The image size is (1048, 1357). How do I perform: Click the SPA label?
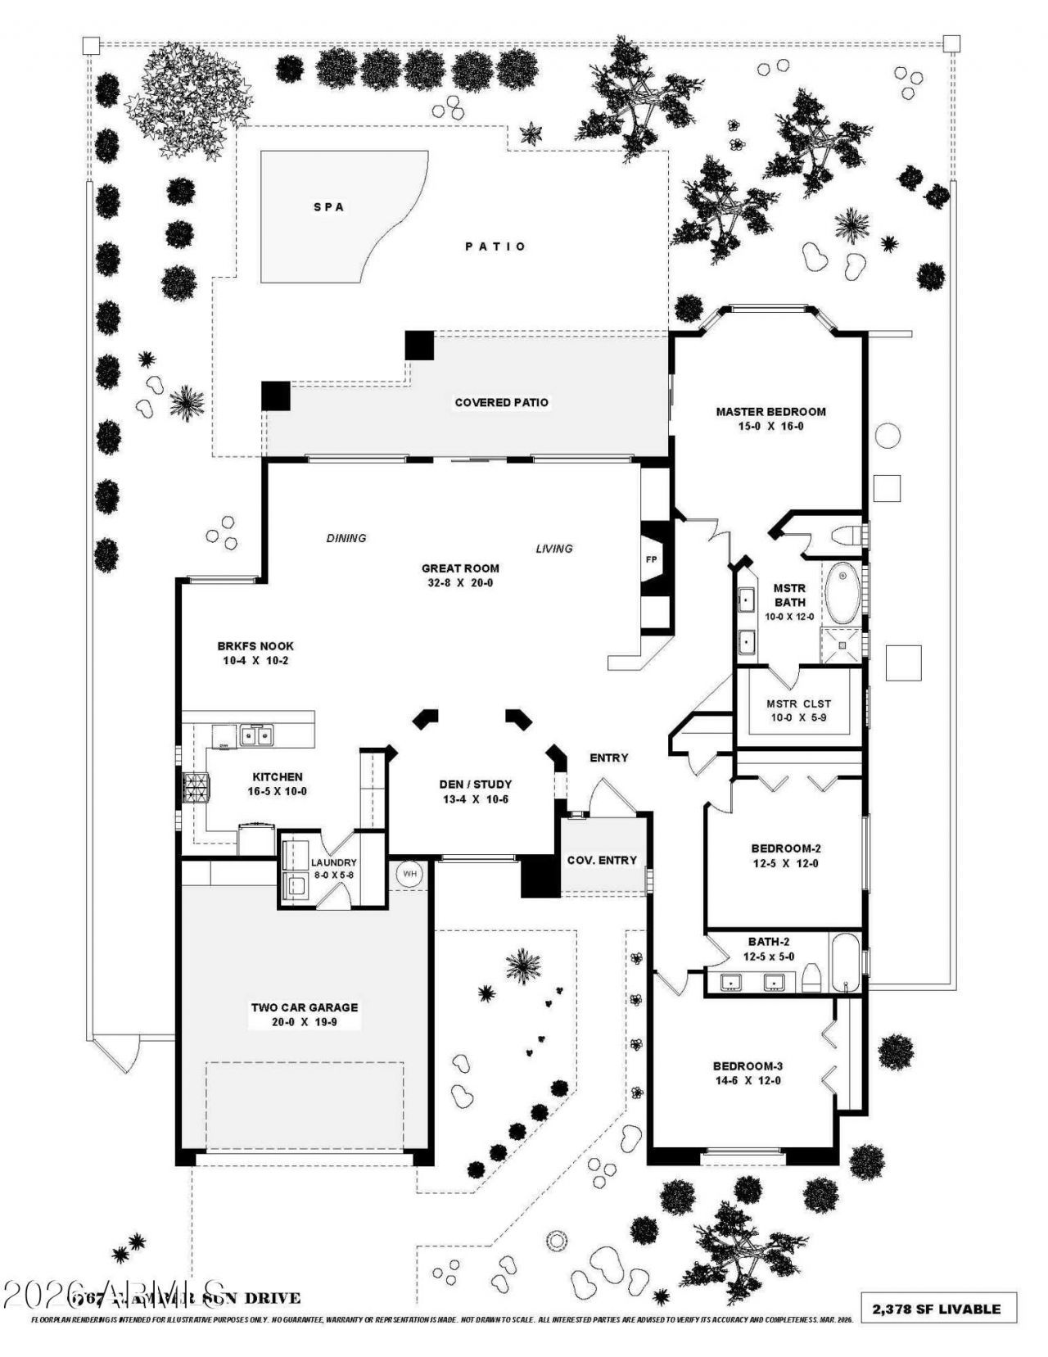click(328, 207)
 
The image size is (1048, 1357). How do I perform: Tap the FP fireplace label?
click(652, 560)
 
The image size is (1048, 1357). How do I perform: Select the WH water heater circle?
click(409, 875)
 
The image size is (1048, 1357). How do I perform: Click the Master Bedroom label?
click(770, 412)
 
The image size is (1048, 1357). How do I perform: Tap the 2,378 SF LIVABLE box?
click(937, 1309)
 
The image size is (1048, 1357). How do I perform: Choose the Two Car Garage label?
click(304, 1008)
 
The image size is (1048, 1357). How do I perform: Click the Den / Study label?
click(475, 784)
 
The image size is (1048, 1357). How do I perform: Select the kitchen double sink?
click(257, 736)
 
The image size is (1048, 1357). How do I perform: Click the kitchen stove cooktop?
click(196, 789)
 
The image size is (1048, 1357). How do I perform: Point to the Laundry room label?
click(333, 862)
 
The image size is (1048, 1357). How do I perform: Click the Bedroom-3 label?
click(748, 1066)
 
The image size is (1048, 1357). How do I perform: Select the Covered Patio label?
click(501, 402)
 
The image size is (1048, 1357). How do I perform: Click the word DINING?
click(346, 538)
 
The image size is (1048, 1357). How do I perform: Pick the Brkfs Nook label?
click(255, 646)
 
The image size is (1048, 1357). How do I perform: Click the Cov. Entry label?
click(602, 860)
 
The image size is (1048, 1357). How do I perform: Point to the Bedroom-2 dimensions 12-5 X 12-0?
click(784, 863)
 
